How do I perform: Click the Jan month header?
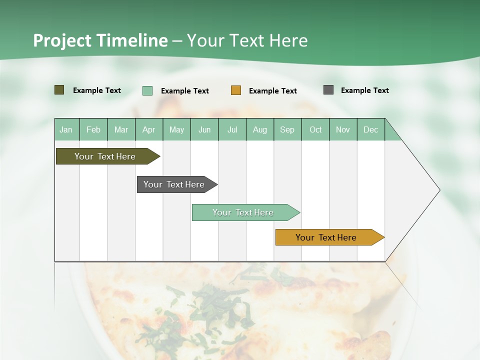tap(66, 130)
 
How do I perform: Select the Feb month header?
tap(93, 130)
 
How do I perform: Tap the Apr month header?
tap(148, 130)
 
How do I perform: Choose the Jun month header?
tap(204, 130)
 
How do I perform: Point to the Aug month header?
tap(259, 130)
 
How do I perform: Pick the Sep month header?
tap(287, 130)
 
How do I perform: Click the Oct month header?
tap(315, 130)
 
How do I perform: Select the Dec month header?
tap(370, 130)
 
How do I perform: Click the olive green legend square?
tap(59, 90)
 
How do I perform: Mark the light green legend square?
tap(147, 90)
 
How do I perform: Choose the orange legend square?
tap(236, 90)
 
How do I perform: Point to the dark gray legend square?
tap(328, 90)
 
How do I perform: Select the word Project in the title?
tap(62, 40)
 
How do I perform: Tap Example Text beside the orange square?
tap(273, 91)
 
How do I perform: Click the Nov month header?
tap(343, 130)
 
